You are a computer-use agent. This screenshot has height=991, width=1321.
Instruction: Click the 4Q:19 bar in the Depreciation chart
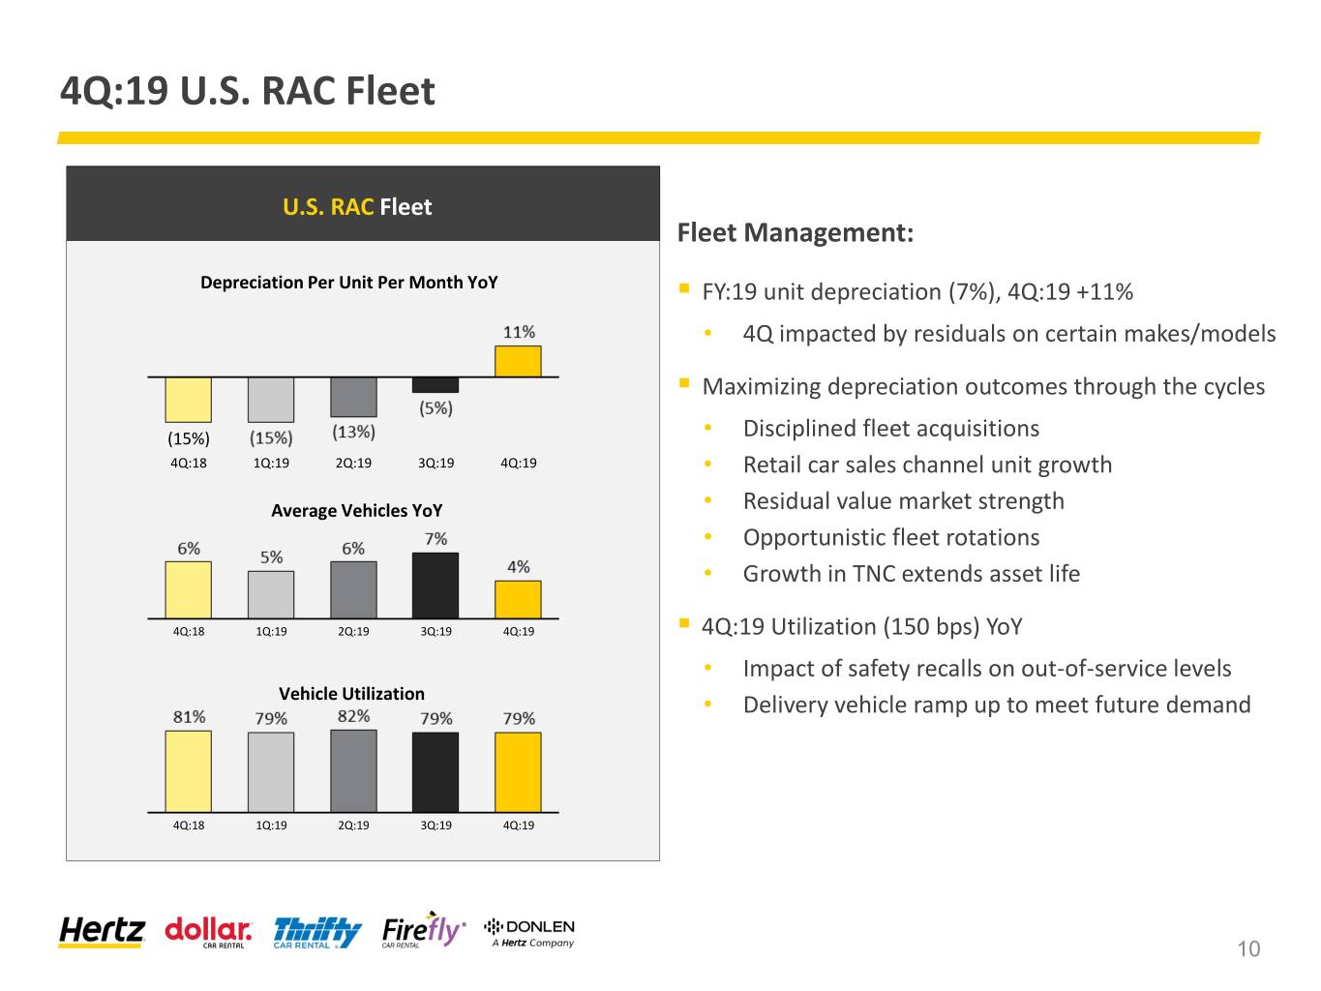pos(518,361)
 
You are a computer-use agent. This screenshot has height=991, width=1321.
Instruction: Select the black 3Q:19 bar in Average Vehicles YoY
pos(435,585)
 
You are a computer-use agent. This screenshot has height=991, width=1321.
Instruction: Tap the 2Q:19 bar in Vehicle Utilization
pos(353,770)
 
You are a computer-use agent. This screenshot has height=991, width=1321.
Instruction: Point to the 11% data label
pos(519,332)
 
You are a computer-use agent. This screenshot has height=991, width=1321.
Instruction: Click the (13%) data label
pos(353,432)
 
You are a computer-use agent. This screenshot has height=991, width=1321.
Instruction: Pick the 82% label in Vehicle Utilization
pos(353,716)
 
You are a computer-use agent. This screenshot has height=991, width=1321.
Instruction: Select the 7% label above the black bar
pos(435,538)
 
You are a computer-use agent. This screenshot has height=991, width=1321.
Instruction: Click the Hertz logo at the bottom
pos(102,932)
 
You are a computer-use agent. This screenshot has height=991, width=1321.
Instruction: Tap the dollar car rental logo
pos(208,932)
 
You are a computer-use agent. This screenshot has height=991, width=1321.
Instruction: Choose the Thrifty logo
pos(317,933)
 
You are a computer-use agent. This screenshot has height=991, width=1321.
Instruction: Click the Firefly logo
pos(424,930)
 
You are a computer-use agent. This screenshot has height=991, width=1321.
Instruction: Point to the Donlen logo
pos(529,933)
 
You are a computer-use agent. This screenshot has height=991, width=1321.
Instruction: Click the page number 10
pos(1248,948)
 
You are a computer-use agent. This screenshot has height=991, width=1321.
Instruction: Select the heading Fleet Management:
pos(795,233)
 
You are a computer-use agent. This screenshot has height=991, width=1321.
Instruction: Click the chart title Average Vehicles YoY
pos(356,511)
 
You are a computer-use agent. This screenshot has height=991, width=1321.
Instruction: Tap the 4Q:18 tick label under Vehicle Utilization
pos(189,825)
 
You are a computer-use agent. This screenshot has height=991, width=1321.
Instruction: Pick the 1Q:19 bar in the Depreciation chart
pos(271,400)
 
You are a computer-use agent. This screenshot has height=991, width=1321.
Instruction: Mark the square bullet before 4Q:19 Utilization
pos(683,622)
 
